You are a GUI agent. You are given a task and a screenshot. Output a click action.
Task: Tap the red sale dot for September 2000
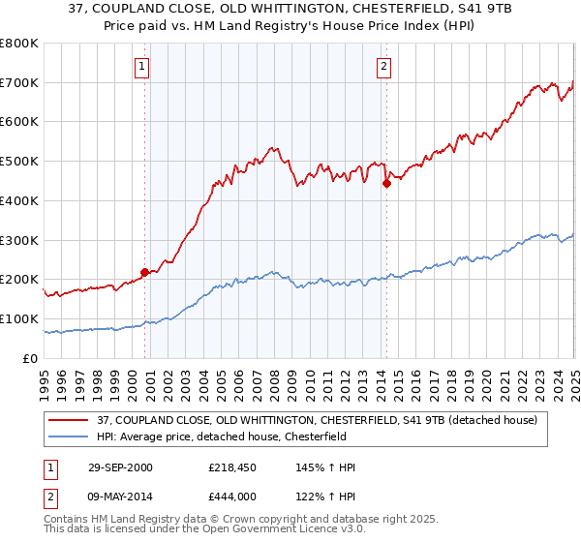point(145,272)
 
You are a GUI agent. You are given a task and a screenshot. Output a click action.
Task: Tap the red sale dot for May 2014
point(386,182)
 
